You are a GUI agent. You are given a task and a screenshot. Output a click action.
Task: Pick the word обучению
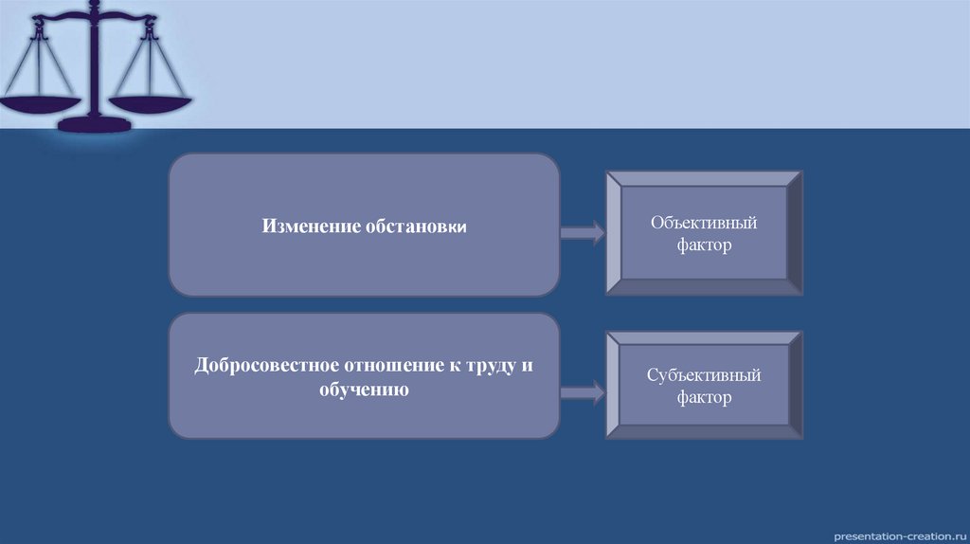point(364,390)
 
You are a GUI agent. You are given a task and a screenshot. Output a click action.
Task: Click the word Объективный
point(704,224)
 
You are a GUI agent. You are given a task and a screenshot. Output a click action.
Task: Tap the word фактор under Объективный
point(704,245)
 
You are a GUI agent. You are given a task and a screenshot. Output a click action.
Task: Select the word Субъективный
point(704,375)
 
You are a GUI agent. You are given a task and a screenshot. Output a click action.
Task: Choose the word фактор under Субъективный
point(704,397)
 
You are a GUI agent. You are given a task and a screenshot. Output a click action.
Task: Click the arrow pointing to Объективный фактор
point(582,232)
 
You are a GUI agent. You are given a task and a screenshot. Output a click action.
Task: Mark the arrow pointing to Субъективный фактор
point(582,390)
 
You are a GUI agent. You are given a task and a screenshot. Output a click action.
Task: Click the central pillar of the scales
point(94,66)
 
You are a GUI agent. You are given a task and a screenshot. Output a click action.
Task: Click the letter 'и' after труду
point(527,366)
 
